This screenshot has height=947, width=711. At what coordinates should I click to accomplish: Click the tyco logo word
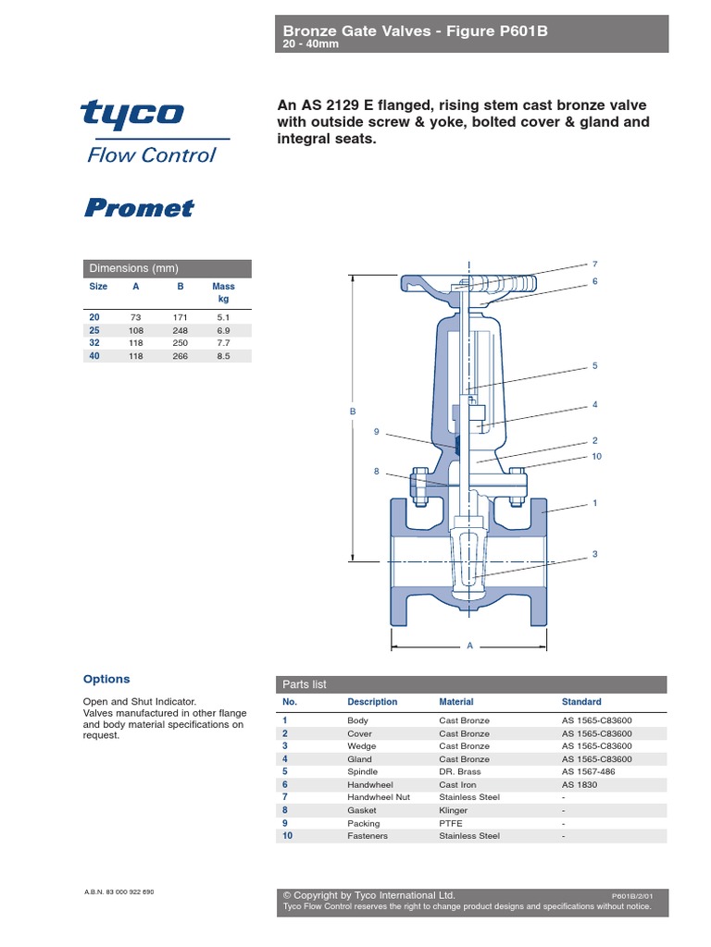(x=131, y=114)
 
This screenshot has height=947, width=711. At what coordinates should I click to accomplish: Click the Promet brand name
(x=139, y=207)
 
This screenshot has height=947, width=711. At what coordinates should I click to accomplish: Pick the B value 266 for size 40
(x=181, y=356)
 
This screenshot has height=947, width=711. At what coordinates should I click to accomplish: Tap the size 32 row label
(x=94, y=343)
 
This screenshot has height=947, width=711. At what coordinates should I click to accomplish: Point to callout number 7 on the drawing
(x=595, y=264)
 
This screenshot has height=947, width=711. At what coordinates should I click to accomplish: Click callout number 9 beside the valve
(x=377, y=431)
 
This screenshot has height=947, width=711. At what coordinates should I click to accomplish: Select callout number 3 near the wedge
(x=595, y=554)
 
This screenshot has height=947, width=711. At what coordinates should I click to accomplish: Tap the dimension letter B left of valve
(x=352, y=411)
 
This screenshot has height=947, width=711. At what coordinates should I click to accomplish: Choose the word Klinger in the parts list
(x=454, y=810)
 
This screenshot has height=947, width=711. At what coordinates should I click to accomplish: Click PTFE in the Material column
(x=451, y=823)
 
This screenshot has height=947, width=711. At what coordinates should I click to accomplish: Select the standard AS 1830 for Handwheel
(x=580, y=784)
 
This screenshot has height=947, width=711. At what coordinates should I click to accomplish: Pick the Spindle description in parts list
(x=362, y=771)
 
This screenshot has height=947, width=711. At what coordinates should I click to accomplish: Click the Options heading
(x=106, y=679)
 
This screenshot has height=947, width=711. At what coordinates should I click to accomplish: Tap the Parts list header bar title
(x=305, y=684)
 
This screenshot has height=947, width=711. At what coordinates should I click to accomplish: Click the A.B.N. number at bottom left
(x=119, y=892)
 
